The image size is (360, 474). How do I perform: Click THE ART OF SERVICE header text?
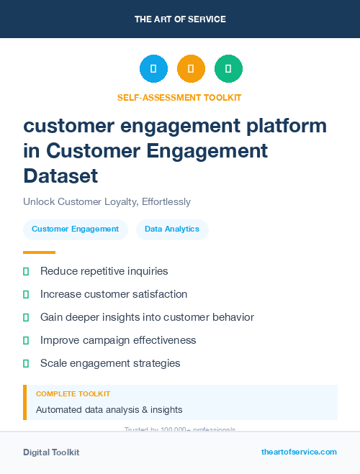point(180,19)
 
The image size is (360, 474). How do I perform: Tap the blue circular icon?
point(153,68)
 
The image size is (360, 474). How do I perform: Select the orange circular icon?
point(191,68)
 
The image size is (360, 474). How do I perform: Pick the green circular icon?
point(228,68)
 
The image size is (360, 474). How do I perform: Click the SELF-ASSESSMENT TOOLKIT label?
point(179,97)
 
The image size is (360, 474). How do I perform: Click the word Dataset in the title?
point(60,175)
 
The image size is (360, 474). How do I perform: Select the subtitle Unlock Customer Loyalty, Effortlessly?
point(107,201)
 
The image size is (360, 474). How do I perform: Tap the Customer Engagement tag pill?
point(75,229)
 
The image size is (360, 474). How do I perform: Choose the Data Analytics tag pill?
point(171,229)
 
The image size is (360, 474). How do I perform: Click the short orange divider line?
point(39,252)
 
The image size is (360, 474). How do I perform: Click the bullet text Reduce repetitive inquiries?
point(104,271)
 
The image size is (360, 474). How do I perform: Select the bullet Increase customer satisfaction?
point(114,294)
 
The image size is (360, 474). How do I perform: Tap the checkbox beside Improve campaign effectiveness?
point(27,340)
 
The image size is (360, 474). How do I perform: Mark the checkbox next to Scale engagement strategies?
point(27,363)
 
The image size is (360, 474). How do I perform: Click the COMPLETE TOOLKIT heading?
point(73,394)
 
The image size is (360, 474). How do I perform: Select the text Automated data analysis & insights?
point(109,410)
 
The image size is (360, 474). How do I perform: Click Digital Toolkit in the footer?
point(51,452)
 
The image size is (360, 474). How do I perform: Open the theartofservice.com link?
point(299,452)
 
